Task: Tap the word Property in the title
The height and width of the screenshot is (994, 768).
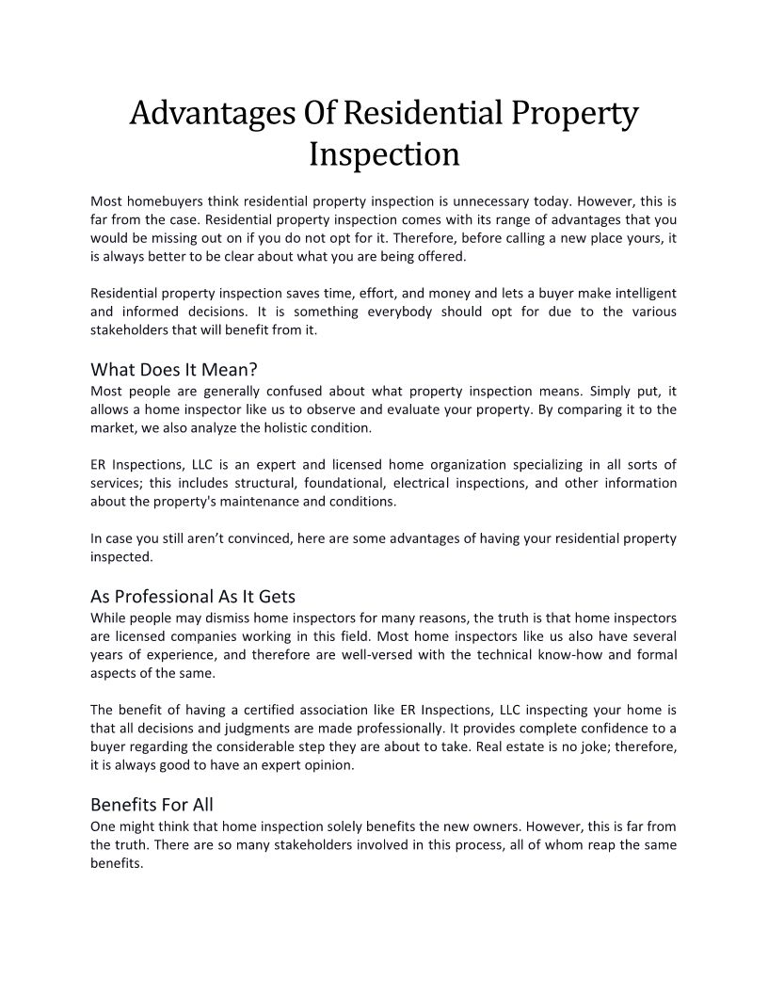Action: point(576,115)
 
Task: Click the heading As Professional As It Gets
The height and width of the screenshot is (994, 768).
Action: point(193,596)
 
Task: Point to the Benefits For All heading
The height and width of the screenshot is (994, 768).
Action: point(152,805)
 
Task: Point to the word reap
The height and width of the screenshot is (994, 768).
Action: point(600,844)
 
